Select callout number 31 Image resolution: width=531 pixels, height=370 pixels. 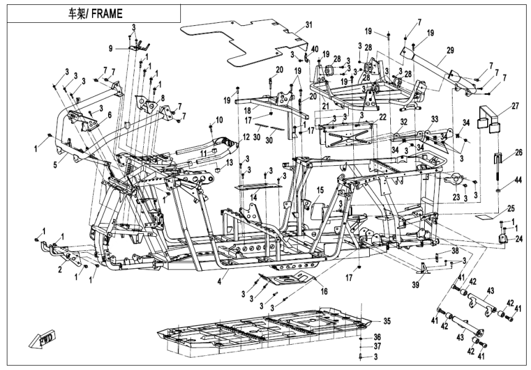(x=309, y=25)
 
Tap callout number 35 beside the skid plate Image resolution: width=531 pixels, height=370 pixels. (x=387, y=321)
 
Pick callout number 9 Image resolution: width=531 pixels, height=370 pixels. (x=111, y=47)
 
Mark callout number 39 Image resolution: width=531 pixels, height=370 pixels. (x=417, y=284)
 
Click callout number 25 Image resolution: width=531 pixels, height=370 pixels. (x=511, y=208)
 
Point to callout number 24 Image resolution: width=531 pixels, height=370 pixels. (x=519, y=240)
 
